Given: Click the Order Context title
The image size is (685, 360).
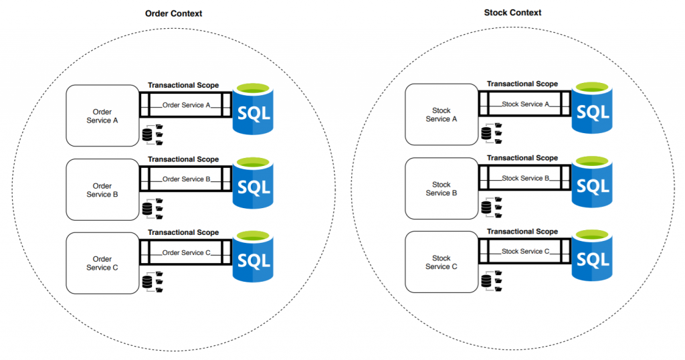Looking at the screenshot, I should tap(173, 13).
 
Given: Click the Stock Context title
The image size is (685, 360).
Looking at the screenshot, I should tap(512, 12).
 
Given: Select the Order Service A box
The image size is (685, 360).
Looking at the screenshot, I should tap(102, 115).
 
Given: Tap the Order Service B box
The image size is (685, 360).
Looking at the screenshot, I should tap(102, 190).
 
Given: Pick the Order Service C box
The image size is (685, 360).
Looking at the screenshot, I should tap(102, 264).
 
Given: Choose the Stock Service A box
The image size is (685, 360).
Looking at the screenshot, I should tap(441, 114).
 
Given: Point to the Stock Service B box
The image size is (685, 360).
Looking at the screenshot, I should tap(441, 189).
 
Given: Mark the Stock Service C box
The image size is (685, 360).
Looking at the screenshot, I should tap(441, 262).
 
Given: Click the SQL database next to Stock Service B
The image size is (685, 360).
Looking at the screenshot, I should tap(593, 184).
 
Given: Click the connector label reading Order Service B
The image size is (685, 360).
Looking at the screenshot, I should tap(187, 179).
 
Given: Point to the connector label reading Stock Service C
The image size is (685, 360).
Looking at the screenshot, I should tap(526, 252).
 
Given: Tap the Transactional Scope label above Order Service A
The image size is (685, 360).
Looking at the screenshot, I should tap(183, 86).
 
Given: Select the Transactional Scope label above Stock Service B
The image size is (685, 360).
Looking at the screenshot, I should tap(522, 158).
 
